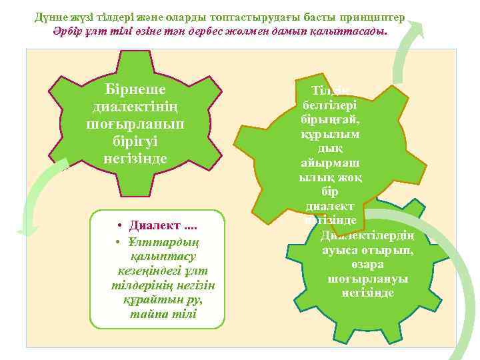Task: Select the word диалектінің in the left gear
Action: [x=135, y=107]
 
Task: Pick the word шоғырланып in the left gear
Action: [x=135, y=125]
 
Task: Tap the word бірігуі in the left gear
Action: [x=135, y=141]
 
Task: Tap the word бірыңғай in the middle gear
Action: [x=331, y=120]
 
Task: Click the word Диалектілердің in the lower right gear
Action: [x=368, y=236]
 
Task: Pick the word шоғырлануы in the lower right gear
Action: [x=367, y=279]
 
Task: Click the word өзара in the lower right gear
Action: [x=367, y=265]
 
